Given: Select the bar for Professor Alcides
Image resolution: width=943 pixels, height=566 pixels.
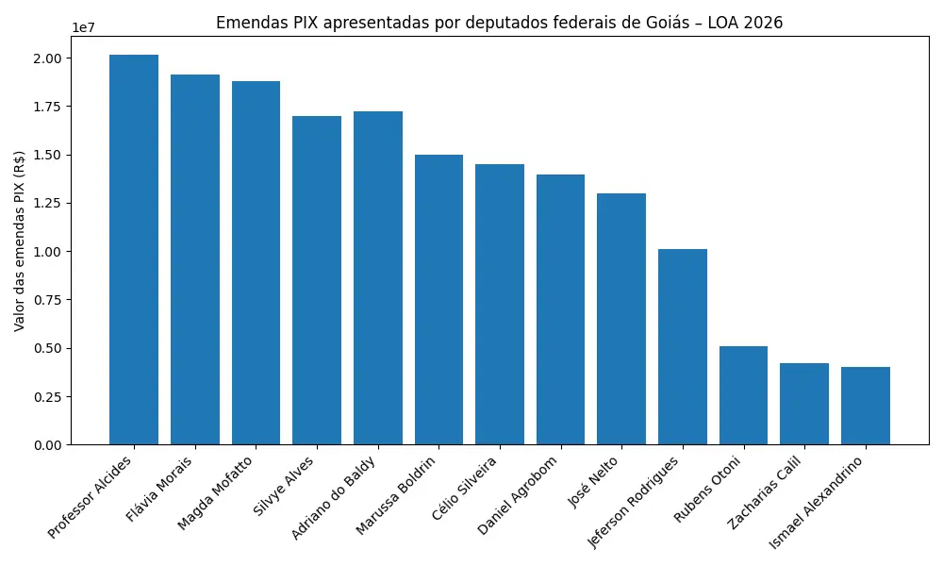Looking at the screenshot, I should [x=134, y=250].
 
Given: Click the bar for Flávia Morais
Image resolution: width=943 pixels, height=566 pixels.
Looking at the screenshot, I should [x=195, y=259].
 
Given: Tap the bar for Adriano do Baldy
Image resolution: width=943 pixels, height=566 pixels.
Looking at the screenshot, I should [x=378, y=278].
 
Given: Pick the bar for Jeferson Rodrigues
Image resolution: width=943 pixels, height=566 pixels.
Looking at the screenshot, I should [x=683, y=347].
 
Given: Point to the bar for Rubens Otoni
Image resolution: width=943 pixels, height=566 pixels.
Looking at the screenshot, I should [x=743, y=395].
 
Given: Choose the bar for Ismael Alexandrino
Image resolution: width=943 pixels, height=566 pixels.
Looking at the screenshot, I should [x=866, y=406].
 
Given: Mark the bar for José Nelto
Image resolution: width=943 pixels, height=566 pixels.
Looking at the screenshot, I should [x=621, y=319].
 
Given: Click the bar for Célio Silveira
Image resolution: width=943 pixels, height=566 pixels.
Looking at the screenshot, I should [x=500, y=305].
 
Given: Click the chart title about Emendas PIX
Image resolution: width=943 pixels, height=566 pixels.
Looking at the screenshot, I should [x=499, y=23].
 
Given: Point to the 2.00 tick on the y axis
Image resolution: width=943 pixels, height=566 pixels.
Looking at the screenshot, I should [x=48, y=58].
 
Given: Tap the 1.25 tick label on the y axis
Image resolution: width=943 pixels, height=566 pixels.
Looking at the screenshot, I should [x=48, y=203].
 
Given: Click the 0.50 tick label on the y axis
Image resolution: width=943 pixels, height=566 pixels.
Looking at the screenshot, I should [x=48, y=348].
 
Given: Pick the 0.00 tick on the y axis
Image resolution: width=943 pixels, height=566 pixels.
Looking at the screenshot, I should [x=48, y=444].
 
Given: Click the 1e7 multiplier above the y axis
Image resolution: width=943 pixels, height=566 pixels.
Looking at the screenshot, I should [x=83, y=27].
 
